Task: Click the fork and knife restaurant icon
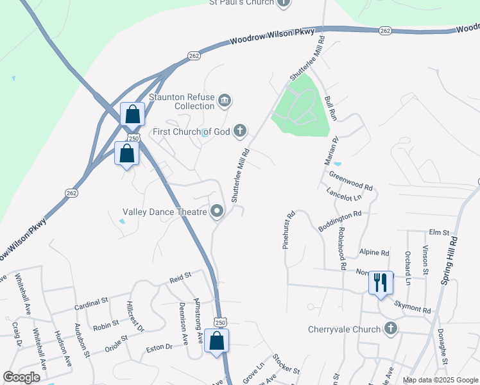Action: (x=381, y=282)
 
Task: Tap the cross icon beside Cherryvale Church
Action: (x=390, y=329)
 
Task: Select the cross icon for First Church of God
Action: (x=240, y=132)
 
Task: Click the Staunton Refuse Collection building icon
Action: (x=225, y=100)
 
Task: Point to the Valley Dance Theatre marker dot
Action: (x=217, y=211)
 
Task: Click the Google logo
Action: (x=21, y=377)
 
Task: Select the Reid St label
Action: (x=181, y=277)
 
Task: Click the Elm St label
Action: (x=438, y=232)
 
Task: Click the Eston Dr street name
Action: (x=160, y=347)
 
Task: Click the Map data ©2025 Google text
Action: (x=440, y=380)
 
